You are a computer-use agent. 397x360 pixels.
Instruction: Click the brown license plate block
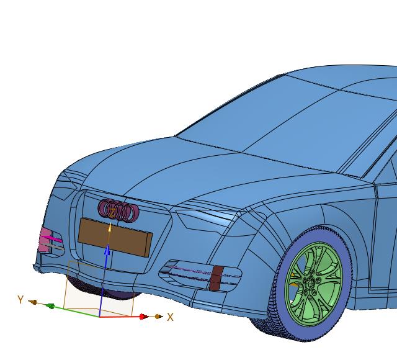pyautogui.click(x=115, y=236)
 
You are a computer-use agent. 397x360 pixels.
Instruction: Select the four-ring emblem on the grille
pyautogui.click(x=118, y=211)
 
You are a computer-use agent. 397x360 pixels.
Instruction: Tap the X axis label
pyautogui.click(x=171, y=317)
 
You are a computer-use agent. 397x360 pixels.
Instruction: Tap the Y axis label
pyautogui.click(x=20, y=300)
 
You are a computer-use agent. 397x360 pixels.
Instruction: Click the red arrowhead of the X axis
pyautogui.click(x=143, y=317)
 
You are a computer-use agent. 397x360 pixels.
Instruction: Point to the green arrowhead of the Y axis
pyautogui.click(x=51, y=306)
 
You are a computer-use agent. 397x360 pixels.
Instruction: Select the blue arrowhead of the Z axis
pyautogui.click(x=107, y=250)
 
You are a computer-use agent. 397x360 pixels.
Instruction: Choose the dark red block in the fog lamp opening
pyautogui.click(x=216, y=278)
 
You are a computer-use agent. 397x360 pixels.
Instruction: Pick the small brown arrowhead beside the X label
pyautogui.click(x=158, y=317)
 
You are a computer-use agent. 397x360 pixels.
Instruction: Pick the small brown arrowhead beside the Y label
pyautogui.click(x=33, y=303)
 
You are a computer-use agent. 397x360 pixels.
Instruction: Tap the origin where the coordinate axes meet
pyautogui.click(x=99, y=317)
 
